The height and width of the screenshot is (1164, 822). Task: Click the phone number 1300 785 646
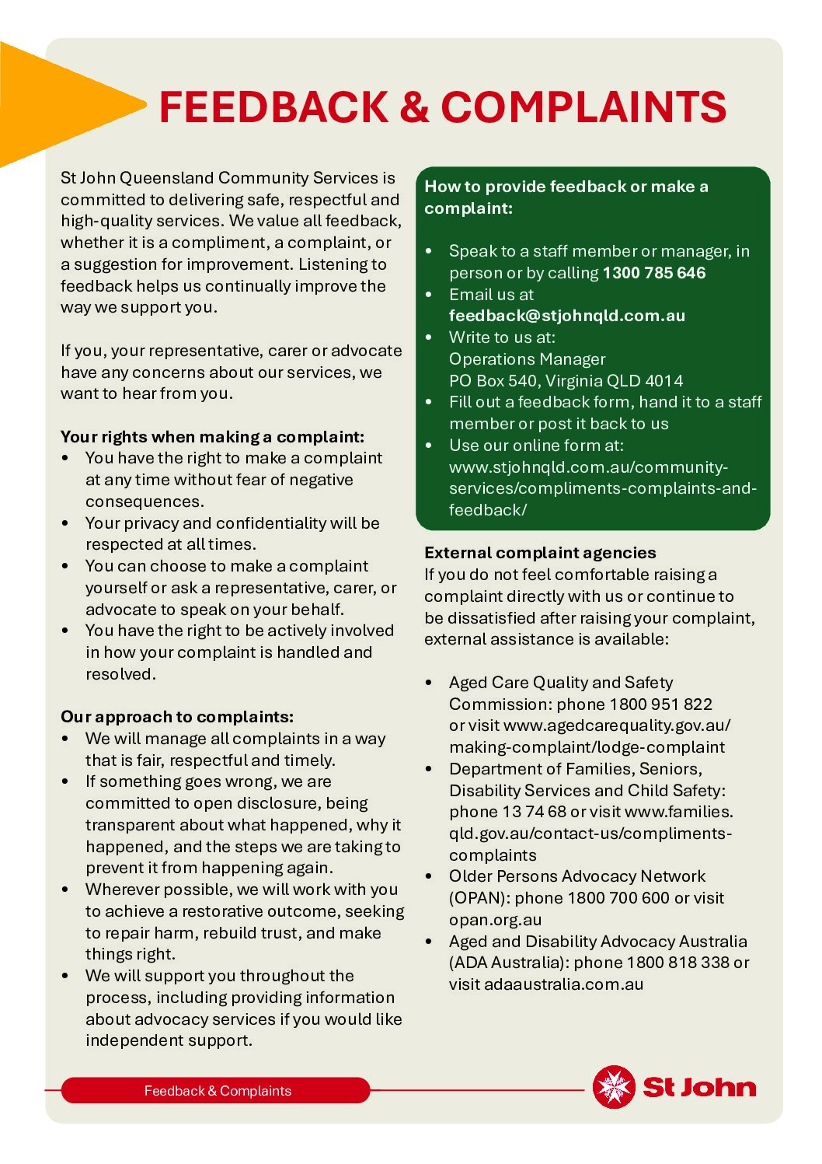(x=654, y=273)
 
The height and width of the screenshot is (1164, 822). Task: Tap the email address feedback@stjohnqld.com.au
(x=567, y=316)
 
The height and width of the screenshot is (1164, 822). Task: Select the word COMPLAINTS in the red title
(x=583, y=107)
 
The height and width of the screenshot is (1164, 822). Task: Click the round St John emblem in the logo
(x=614, y=1086)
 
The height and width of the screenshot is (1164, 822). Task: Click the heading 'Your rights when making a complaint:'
(x=212, y=436)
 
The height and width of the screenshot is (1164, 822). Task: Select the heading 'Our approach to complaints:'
(x=177, y=717)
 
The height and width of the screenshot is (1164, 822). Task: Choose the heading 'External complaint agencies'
(x=540, y=553)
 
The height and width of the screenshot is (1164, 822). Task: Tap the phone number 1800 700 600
(x=618, y=898)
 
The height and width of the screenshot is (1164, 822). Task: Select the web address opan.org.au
(x=495, y=920)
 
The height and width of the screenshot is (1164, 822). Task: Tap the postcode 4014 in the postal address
(x=664, y=381)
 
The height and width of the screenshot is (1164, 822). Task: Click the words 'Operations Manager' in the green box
(x=527, y=359)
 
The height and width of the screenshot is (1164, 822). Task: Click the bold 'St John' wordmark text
(x=699, y=1087)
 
